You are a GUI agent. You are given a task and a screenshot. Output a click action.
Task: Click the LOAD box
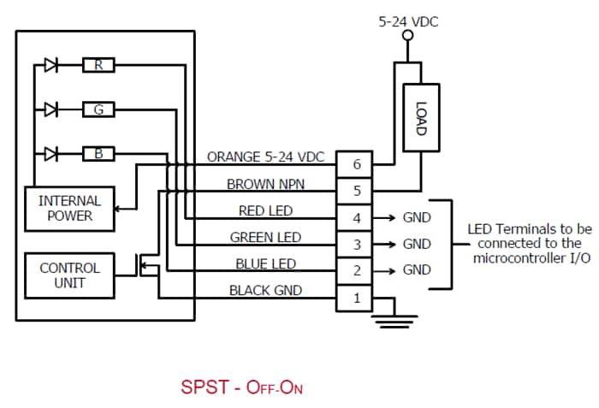[x=420, y=118]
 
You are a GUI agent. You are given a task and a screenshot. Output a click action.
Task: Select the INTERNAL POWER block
[x=69, y=208]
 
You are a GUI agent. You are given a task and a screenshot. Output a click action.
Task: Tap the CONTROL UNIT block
[x=69, y=275]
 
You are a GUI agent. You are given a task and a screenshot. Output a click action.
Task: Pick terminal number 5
[x=357, y=191]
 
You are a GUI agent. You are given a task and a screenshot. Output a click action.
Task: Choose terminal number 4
[x=357, y=217]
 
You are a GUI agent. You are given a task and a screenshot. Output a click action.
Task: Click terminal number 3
[x=357, y=244]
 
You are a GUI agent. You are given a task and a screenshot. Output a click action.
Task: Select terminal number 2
[x=357, y=270]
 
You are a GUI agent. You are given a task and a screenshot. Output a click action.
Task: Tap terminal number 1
[x=357, y=298]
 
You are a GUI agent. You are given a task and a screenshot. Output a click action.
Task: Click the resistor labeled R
[x=98, y=65]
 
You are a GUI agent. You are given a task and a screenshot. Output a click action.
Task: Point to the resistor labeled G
[x=98, y=109]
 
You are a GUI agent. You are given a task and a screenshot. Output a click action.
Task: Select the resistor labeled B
[x=98, y=154]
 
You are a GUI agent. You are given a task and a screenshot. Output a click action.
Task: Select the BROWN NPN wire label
[x=265, y=184]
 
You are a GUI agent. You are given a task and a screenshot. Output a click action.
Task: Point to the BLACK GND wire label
[x=265, y=291]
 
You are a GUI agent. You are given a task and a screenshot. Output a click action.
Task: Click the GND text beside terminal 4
[x=417, y=217]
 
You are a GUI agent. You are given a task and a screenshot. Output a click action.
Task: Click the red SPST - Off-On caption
[x=241, y=387]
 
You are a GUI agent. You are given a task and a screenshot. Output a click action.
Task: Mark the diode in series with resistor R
[x=50, y=65]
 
